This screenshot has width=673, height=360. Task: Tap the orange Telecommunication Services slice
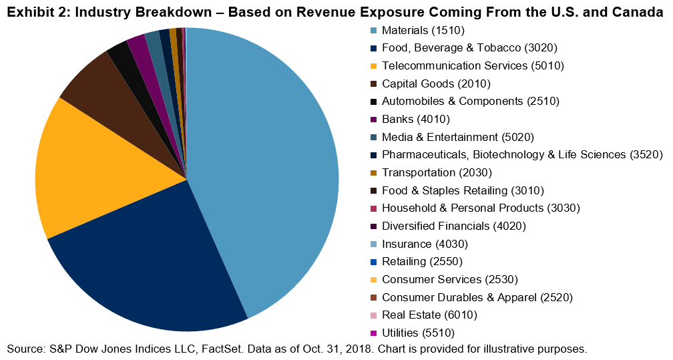point(100,167)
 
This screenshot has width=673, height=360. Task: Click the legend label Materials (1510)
point(423,30)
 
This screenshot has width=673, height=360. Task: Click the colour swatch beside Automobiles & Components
point(373,102)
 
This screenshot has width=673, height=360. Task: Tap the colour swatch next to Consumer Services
point(373,279)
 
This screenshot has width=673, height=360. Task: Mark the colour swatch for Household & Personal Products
point(373,208)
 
